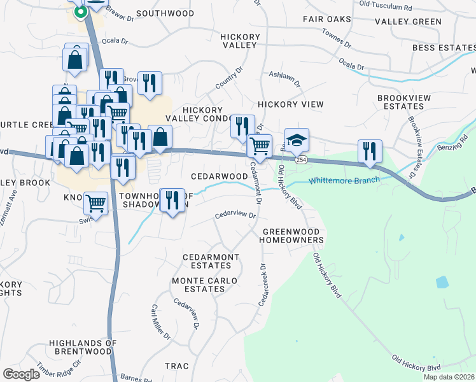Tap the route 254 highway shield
(x=301, y=160)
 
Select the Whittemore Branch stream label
(x=344, y=180)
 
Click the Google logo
(x=21, y=374)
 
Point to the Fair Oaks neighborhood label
(x=327, y=20)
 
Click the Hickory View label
(x=290, y=104)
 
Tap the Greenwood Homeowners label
(x=293, y=236)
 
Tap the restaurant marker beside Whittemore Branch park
(x=370, y=151)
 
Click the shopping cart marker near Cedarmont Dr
(x=260, y=146)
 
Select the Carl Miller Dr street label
(x=160, y=321)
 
